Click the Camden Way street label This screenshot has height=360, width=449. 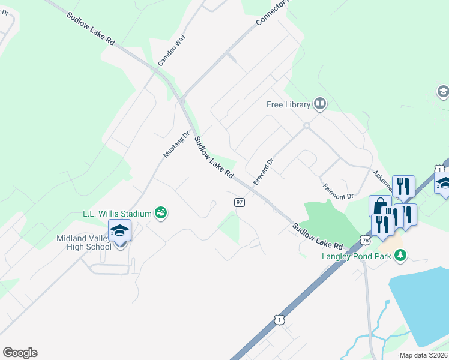172,50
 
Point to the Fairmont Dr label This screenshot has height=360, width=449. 338,192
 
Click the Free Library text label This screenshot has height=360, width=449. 288,105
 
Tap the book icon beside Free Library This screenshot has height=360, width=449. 320,104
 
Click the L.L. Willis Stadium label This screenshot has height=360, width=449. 117,213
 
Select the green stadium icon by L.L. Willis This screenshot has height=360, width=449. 160,212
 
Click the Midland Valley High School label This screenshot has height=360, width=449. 84,242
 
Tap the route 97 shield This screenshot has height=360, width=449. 239,202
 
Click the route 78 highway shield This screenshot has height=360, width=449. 366,240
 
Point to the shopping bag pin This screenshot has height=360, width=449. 379,206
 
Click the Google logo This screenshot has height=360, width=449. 20,353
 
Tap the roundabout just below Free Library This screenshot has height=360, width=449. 306,126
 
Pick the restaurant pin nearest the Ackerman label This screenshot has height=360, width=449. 403,186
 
